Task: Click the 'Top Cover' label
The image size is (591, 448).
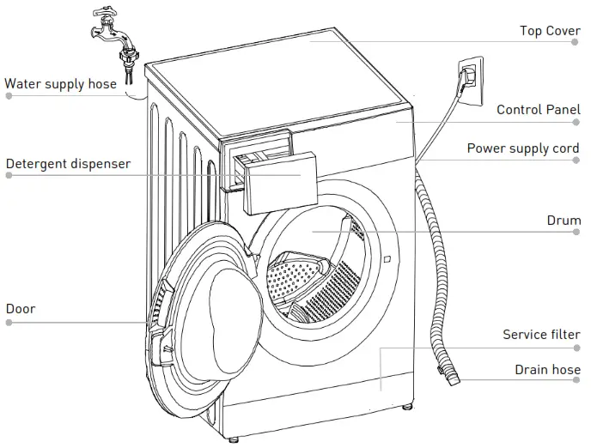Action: click(x=550, y=31)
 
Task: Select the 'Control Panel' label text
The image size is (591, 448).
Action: click(x=538, y=110)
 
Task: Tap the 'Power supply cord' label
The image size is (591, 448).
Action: click(x=523, y=148)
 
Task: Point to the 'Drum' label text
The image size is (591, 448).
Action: click(x=564, y=221)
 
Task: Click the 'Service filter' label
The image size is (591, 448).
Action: click(x=541, y=334)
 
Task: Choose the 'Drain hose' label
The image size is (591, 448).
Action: click(x=547, y=370)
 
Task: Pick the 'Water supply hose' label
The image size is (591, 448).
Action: click(x=60, y=84)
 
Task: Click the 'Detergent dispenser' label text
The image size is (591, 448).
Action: click(x=68, y=163)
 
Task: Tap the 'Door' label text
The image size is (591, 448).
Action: click(x=21, y=308)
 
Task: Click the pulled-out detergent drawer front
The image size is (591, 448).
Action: click(x=274, y=180)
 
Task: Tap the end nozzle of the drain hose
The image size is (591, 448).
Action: click(x=450, y=374)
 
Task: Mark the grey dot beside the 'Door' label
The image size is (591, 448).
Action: click(x=9, y=323)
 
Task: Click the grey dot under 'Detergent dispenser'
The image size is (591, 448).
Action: click(x=9, y=175)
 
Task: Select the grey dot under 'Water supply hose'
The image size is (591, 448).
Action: click(x=9, y=96)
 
